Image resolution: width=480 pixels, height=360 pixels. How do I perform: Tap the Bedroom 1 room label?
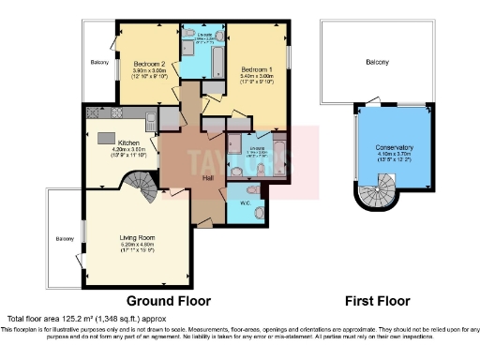pos(256,70)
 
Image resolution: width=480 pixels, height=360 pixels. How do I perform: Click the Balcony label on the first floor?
pos(377,62)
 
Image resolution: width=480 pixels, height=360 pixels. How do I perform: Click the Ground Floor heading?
pos(168,301)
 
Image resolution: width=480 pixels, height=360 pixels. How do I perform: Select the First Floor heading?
pos(378,301)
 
